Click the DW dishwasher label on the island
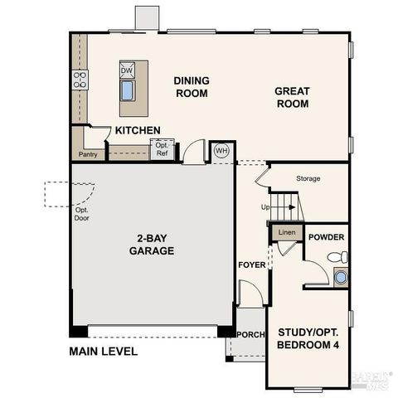(x=127, y=71)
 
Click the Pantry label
(x=87, y=155)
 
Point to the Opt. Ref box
(x=162, y=149)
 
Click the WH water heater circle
(x=221, y=151)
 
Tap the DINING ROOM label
(x=191, y=87)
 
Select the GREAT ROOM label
(x=293, y=98)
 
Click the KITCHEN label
(x=138, y=131)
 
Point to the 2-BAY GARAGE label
(x=151, y=244)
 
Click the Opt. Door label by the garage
(x=82, y=215)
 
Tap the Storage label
(x=308, y=178)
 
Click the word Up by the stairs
(x=265, y=206)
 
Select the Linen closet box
(x=287, y=233)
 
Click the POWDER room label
(x=326, y=237)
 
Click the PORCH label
(x=250, y=334)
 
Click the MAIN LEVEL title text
(x=104, y=351)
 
